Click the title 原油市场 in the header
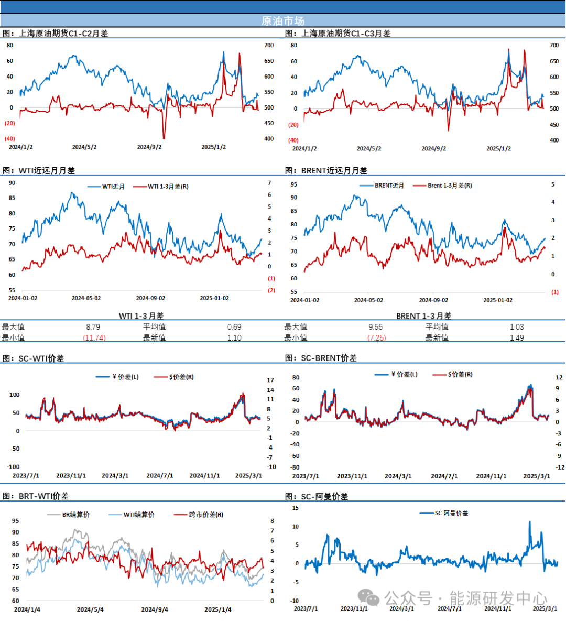coord(282,21)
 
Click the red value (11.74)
coord(94,338)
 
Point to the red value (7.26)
coord(377,338)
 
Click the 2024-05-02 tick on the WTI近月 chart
coord(86,298)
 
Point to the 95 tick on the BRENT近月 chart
coord(293,184)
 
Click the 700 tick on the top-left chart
coord(269,46)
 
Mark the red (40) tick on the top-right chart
coord(293,140)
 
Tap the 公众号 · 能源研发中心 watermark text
coord(465,598)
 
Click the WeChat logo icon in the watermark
coord(369,597)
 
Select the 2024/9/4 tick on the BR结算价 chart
coord(155,609)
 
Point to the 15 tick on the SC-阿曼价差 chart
coord(296,508)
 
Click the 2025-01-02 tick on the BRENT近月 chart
coord(498,300)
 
